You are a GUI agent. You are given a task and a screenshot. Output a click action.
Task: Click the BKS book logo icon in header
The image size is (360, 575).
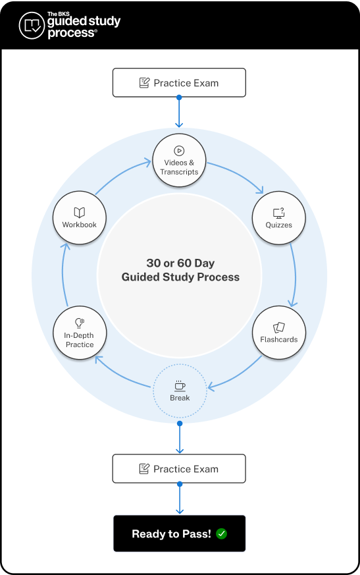[x=32, y=26]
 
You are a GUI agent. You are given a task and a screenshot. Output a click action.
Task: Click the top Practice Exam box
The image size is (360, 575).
[x=179, y=83]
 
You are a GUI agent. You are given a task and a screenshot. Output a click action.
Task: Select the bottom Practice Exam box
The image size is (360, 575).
[x=179, y=469]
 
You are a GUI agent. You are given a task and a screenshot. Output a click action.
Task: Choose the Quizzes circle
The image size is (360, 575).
[x=279, y=218]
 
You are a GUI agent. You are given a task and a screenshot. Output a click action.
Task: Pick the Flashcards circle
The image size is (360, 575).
[x=279, y=333]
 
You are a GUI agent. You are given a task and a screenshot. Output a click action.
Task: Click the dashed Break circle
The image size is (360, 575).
[x=180, y=391]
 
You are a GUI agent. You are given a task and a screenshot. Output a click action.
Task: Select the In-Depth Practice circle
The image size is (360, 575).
[x=79, y=333]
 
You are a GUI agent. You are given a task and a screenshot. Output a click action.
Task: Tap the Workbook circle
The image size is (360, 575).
[x=79, y=218]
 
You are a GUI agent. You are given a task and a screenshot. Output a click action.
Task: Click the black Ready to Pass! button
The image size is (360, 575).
[x=179, y=534]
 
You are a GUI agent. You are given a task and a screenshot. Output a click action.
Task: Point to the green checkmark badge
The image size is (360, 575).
[x=221, y=534]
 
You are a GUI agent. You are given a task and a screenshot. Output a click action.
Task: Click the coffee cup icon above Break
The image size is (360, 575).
[x=180, y=385]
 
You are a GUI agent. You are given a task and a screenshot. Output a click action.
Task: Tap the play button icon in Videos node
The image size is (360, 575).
[x=179, y=150]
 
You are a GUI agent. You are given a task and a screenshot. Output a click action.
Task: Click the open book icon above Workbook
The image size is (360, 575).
[x=79, y=212]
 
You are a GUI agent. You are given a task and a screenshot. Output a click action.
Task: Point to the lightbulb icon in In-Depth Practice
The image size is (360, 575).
[x=79, y=323]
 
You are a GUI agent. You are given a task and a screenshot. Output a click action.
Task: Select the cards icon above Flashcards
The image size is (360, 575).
[x=279, y=327]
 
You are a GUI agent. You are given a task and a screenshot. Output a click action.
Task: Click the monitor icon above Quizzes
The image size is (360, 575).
[x=279, y=212]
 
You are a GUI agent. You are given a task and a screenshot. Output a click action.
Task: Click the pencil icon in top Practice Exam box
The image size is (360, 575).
[x=144, y=83]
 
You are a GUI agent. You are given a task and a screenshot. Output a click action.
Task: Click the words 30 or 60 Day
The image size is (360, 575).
[x=180, y=262]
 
